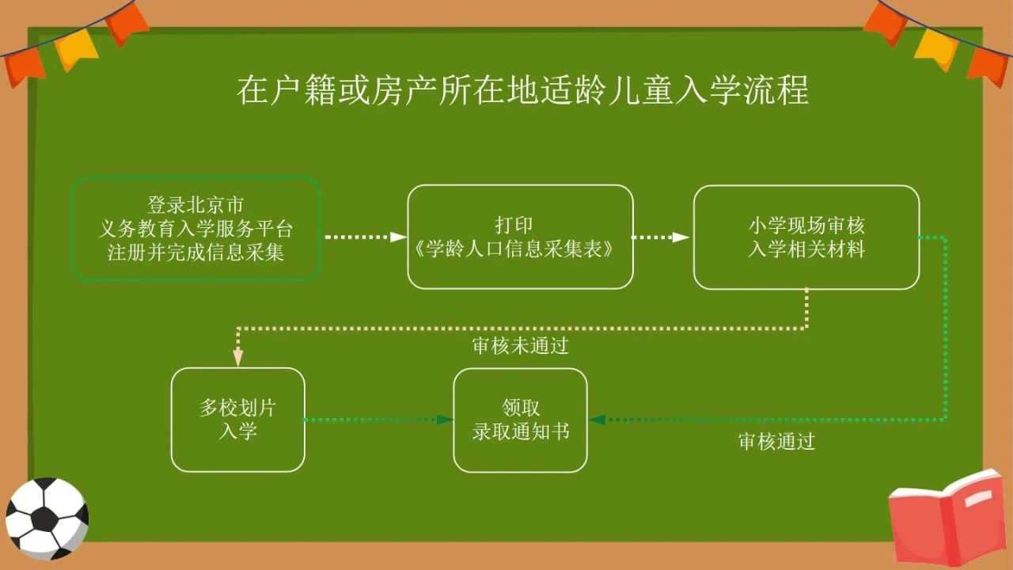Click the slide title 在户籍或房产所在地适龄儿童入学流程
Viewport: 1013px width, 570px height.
tap(522, 91)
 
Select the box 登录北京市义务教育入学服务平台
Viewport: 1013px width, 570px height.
tap(195, 229)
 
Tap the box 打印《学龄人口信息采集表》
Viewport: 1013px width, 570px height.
tap(520, 237)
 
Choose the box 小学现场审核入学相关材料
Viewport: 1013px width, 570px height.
tap(806, 237)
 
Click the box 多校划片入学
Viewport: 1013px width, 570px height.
tap(238, 420)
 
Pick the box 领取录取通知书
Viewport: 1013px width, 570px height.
tap(520, 420)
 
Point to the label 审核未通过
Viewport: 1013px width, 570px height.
tap(520, 346)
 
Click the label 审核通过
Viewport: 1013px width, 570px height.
tap(776, 442)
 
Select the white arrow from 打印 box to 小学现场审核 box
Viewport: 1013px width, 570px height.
tap(660, 237)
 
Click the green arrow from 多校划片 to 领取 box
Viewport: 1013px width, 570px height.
tap(378, 420)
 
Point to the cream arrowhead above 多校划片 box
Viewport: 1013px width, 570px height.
tap(237, 358)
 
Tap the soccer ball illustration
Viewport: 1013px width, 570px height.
tap(46, 518)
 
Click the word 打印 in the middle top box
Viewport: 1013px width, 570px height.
tap(520, 225)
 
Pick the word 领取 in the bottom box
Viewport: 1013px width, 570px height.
tap(521, 408)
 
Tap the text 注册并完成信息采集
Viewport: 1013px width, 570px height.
tap(195, 253)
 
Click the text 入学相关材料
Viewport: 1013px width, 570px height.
tap(806, 249)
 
